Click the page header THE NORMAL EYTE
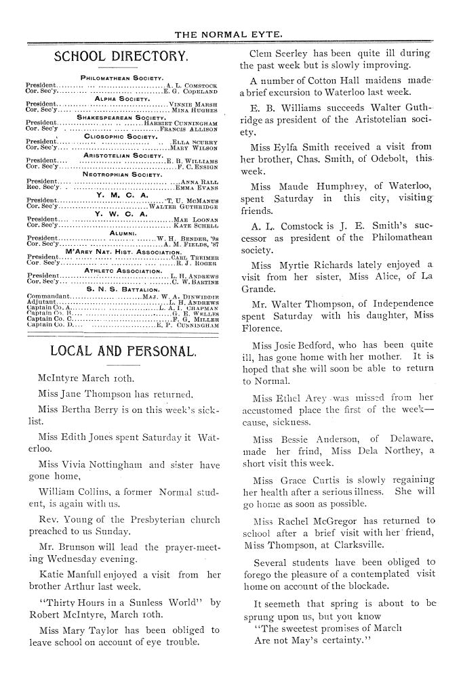[x=230, y=33]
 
